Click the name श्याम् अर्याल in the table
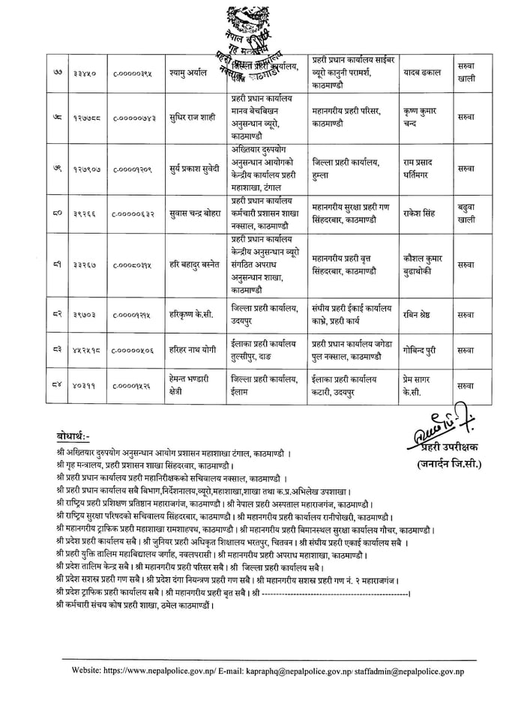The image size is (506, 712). tap(191, 73)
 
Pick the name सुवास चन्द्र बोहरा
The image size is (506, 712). tap(193, 213)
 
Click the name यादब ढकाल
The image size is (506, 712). tap(424, 72)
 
